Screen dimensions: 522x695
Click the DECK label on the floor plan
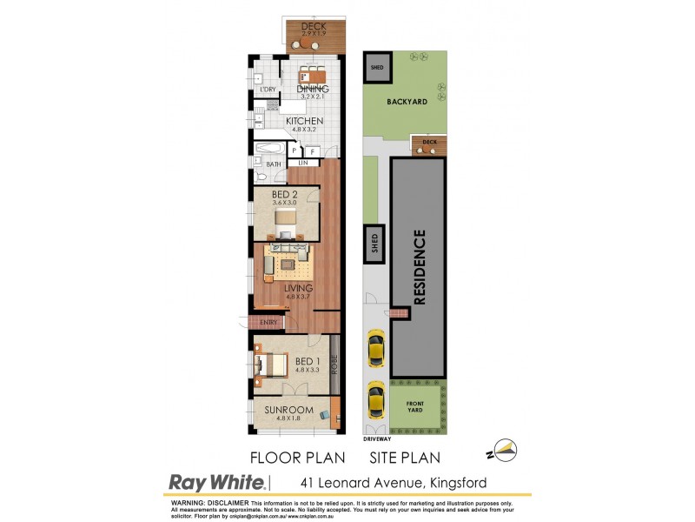click(313, 26)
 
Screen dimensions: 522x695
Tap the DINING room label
click(313, 88)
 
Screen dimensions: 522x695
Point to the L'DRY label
click(268, 90)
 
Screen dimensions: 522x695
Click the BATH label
click(274, 164)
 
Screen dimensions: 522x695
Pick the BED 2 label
click(285, 194)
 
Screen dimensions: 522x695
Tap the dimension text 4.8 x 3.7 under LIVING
click(298, 297)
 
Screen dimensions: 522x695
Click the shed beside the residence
click(375, 238)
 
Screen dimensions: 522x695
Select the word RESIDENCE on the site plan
click(419, 265)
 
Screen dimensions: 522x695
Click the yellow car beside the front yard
click(375, 400)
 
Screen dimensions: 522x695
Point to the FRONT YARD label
click(415, 405)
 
